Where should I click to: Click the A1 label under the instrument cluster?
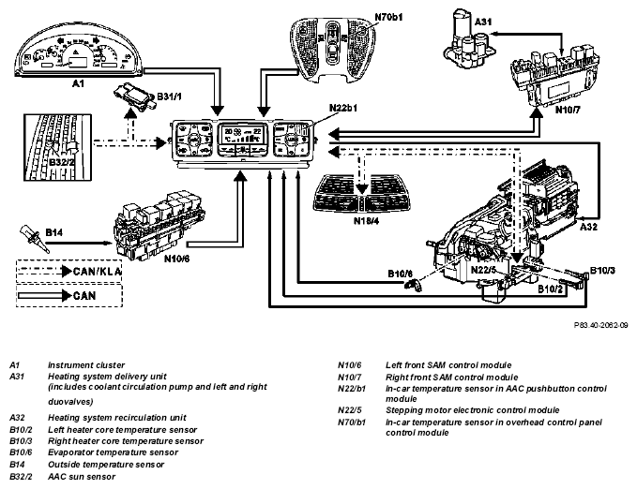(x=78, y=83)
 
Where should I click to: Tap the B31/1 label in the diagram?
(x=170, y=96)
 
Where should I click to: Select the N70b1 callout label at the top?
(x=388, y=17)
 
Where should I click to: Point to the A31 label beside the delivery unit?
(x=483, y=22)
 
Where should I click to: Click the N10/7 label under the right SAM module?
(x=568, y=110)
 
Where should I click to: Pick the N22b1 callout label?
(x=342, y=108)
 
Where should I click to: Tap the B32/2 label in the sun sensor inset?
(x=62, y=162)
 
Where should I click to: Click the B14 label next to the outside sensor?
(x=53, y=232)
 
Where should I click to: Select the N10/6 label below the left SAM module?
(x=176, y=259)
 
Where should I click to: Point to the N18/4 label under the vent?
(x=366, y=221)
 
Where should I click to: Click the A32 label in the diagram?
(x=588, y=228)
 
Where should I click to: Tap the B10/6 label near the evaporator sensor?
(x=401, y=274)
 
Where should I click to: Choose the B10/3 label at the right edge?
(x=602, y=271)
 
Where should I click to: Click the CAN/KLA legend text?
(x=97, y=271)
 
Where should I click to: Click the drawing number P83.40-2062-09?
(x=600, y=325)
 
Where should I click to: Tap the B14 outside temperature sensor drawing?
(x=34, y=239)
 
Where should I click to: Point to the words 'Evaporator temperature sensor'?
(x=113, y=452)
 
